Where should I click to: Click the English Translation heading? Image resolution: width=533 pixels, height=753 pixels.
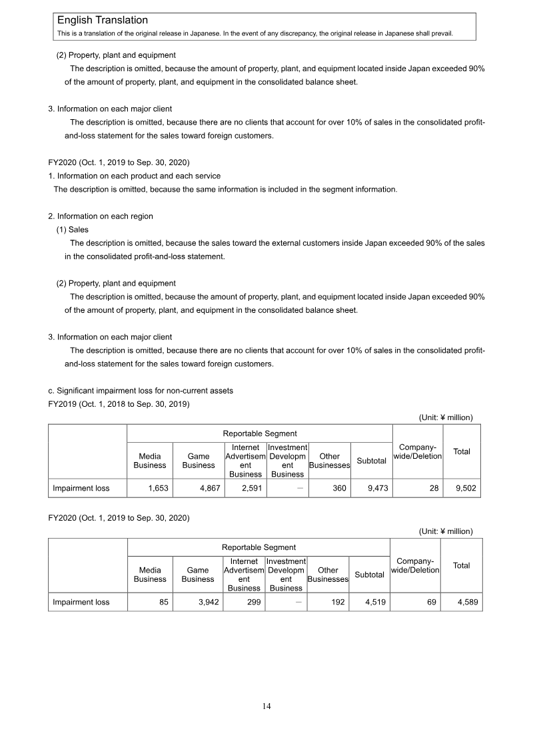pos(103,21)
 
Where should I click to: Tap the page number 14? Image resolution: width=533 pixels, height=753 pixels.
pos(266,706)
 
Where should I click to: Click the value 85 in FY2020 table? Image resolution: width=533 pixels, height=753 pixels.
pos(163,603)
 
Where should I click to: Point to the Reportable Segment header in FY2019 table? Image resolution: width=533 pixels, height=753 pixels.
pos(259,433)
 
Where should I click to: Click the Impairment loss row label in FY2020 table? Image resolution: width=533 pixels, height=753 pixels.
pos(81,603)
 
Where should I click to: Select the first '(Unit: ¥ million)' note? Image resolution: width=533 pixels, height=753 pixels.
pos(445,417)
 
